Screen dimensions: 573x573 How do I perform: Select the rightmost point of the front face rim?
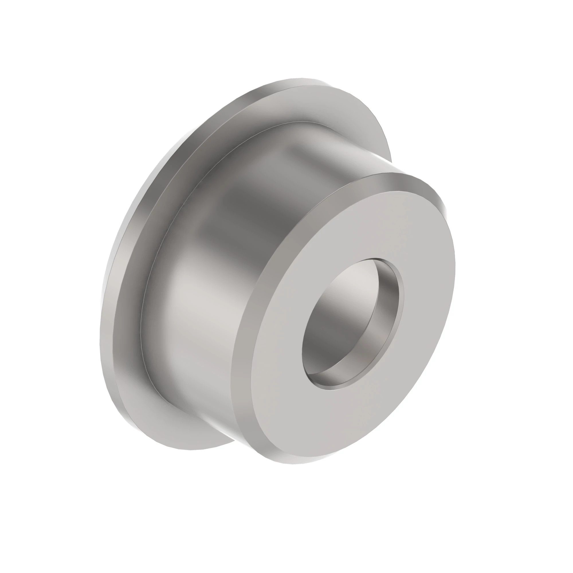(x=455, y=267)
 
